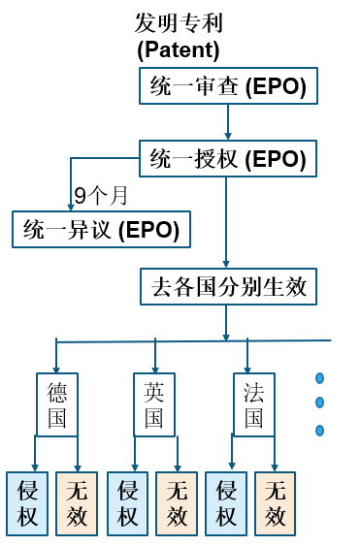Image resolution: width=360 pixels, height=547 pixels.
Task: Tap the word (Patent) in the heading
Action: pos(179,48)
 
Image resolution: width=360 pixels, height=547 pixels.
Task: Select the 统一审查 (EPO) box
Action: pos(228,87)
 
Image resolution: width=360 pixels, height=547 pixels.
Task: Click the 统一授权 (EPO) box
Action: pos(228,157)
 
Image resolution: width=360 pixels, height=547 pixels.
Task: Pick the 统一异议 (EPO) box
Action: pos(101,230)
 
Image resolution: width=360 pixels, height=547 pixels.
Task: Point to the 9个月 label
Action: pos(101,195)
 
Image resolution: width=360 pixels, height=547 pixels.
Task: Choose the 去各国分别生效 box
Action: pos(228,287)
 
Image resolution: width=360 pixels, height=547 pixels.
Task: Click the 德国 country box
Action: pos(57,405)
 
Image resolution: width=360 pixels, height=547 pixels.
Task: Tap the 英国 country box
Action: pos(154,405)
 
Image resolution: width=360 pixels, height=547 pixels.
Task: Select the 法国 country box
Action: pos(253,405)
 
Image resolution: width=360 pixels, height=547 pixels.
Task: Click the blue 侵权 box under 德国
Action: pos(27,504)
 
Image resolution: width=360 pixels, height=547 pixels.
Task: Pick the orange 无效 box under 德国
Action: pos(77,504)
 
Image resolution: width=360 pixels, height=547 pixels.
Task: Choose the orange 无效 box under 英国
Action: pos(177,504)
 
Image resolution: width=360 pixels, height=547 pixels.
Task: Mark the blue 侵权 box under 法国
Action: pos(226,504)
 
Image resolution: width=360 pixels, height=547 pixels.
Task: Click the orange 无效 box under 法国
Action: pos(276,504)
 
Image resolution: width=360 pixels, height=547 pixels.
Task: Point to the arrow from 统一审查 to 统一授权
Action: pos(228,122)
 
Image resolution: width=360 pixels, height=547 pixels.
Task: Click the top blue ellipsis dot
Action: pos(319,378)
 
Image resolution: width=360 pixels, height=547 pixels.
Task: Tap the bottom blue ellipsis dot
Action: pos(319,431)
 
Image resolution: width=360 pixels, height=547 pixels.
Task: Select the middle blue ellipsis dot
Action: pos(319,402)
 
